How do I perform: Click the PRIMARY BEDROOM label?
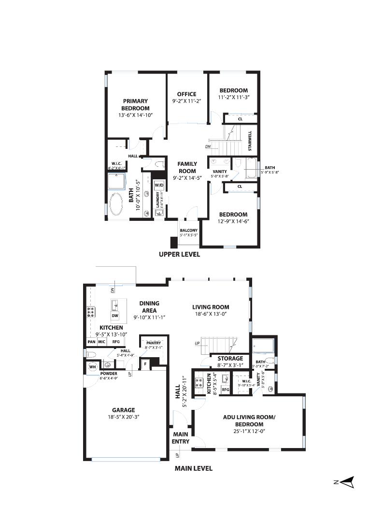click(x=135, y=105)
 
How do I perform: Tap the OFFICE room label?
click(x=186, y=94)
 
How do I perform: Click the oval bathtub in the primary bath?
click(x=116, y=205)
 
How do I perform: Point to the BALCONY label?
click(x=188, y=231)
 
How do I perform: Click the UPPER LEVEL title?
click(x=179, y=254)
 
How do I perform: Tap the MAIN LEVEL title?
click(x=193, y=468)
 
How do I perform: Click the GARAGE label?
click(x=123, y=410)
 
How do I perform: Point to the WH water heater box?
click(x=92, y=367)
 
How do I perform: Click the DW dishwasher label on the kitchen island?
click(x=115, y=316)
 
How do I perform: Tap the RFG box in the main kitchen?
click(x=116, y=342)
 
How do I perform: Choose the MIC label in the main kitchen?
click(x=102, y=342)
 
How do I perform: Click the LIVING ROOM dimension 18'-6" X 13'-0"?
click(x=211, y=314)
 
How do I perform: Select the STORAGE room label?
click(x=230, y=358)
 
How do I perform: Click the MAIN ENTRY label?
click(x=181, y=437)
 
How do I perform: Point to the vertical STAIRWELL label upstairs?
click(x=250, y=141)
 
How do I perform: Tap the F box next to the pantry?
click(x=145, y=363)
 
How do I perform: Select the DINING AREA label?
click(x=150, y=307)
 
